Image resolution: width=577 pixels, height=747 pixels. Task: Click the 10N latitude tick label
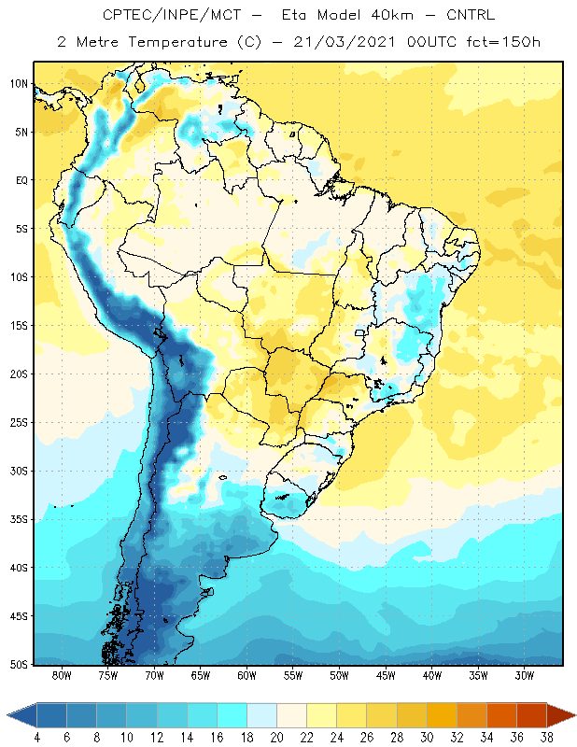19,84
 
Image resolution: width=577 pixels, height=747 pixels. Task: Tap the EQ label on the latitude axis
21,180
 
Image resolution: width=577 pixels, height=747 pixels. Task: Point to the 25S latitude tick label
19,423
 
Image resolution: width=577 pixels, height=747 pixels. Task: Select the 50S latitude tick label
19,664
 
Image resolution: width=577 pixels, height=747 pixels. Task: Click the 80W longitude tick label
62,675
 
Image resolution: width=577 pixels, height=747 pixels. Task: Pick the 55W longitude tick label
293,675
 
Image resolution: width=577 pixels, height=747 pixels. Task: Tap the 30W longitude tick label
525,675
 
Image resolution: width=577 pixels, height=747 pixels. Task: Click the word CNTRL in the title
471,15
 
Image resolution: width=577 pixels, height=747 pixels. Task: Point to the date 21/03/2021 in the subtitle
345,42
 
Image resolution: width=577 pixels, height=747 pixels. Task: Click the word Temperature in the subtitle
177,42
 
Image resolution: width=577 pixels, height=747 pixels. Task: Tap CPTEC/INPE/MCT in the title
172,15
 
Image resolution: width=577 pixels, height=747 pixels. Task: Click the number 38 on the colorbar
546,738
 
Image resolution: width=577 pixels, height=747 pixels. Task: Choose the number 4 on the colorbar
37,738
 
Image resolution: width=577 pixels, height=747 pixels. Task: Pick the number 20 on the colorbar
276,738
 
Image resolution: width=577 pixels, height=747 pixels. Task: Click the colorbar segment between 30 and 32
442,715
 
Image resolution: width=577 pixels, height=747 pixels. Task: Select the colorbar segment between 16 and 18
232,715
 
